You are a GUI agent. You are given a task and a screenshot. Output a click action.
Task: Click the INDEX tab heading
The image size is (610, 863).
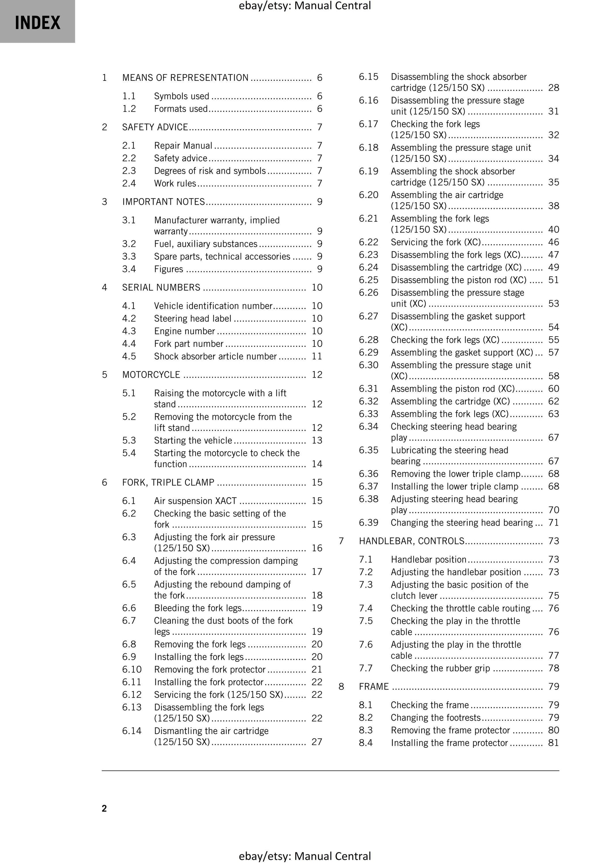(37, 23)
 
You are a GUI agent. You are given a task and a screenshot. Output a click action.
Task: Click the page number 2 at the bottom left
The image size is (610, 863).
(104, 808)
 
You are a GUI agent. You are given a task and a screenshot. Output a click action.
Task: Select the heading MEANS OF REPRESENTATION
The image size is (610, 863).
(185, 78)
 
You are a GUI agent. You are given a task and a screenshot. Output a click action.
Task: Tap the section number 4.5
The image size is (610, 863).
(129, 356)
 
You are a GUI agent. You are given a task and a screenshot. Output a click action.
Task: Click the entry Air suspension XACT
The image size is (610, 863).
(195, 501)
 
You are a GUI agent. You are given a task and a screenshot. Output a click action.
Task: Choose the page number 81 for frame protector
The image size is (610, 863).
(553, 743)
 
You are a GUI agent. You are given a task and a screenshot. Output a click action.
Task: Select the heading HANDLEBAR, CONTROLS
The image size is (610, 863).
(412, 541)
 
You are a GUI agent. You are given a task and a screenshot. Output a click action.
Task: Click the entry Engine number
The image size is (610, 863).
(184, 331)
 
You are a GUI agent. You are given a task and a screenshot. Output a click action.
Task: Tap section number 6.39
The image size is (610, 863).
(369, 522)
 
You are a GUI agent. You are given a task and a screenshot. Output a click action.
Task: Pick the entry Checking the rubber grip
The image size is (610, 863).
(440, 668)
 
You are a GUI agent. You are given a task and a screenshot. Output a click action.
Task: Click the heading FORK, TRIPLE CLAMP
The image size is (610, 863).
(168, 482)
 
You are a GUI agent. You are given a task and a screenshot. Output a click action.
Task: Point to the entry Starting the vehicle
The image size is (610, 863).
(193, 441)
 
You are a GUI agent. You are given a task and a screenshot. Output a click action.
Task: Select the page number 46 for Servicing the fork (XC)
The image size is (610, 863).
(553, 242)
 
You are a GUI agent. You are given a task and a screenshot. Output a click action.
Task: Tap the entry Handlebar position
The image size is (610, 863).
(429, 559)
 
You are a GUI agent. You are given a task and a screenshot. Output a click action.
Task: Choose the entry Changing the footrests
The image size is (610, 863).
(435, 718)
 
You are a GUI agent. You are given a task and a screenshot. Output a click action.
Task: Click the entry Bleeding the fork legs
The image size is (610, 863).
(198, 608)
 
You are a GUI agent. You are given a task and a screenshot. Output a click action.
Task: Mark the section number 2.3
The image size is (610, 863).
(129, 171)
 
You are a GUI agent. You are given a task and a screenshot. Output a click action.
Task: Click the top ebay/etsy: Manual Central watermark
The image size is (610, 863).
(305, 6)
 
